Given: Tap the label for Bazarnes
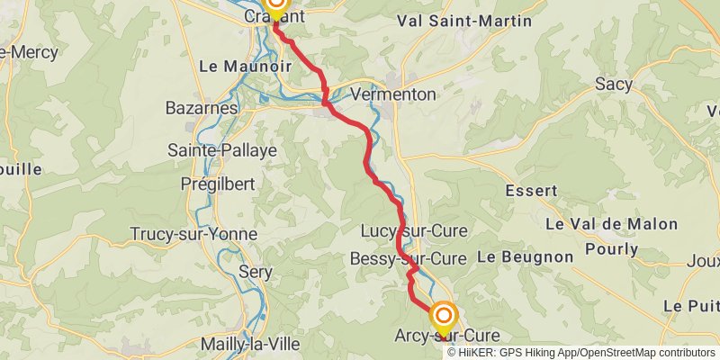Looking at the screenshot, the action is coord(202,108).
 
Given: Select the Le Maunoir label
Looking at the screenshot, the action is coord(234,66).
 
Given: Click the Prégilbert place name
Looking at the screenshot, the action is coord(218,184).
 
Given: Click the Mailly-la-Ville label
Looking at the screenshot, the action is coord(249,343).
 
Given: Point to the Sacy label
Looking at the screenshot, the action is coord(613,85).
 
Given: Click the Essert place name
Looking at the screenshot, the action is coord(532,191).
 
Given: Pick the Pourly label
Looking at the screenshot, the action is coord(612,248).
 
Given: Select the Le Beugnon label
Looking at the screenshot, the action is coord(525,256).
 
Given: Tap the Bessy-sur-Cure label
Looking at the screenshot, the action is coord(408,259).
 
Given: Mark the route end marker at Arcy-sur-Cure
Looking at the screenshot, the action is coord(444,316).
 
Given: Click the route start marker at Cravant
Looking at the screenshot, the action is coord(275,4).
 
